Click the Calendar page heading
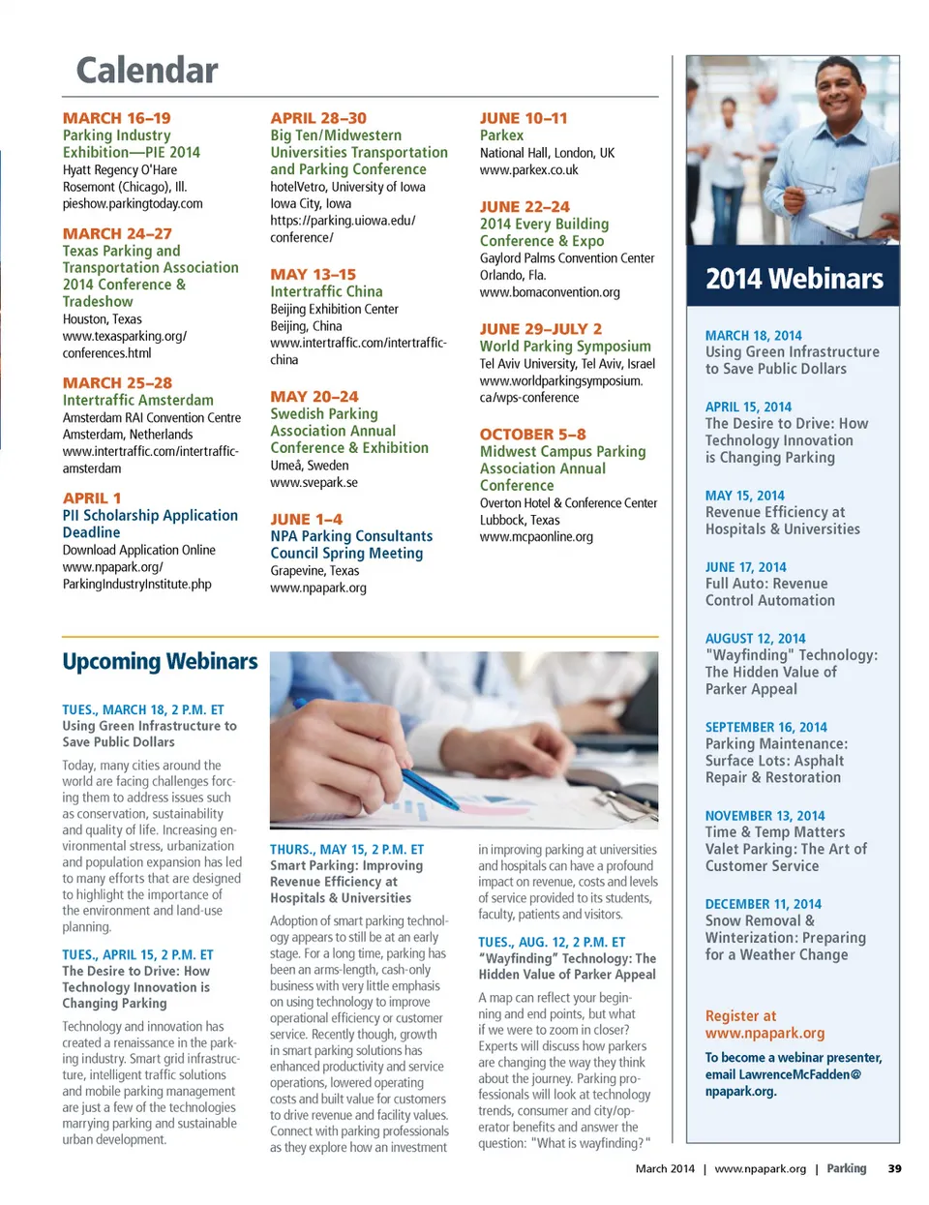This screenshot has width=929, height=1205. [x=147, y=71]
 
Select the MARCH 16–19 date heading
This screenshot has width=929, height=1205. [x=117, y=118]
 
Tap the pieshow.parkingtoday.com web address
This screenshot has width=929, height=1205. [x=133, y=204]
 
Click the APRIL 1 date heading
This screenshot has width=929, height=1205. [x=92, y=498]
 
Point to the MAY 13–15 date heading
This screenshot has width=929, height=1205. [x=314, y=275]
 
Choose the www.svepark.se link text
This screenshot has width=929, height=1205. [x=314, y=482]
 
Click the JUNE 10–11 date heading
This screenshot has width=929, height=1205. [x=524, y=118]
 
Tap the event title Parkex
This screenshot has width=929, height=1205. [x=501, y=136]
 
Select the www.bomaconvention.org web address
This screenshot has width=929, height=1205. [x=550, y=292]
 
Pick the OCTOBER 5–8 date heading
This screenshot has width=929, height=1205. [x=533, y=435]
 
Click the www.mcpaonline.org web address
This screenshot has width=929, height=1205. [x=536, y=537]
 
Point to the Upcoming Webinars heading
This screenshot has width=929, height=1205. [x=160, y=662]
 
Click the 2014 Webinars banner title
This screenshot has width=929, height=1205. [x=794, y=280]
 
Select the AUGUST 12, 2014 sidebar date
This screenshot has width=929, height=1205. [x=755, y=639]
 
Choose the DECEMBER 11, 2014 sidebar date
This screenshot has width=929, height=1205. [x=763, y=904]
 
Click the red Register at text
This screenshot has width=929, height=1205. [x=740, y=1016]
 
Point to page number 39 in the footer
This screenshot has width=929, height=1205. [x=894, y=1169]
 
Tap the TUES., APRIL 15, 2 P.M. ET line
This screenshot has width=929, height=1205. [x=137, y=954]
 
